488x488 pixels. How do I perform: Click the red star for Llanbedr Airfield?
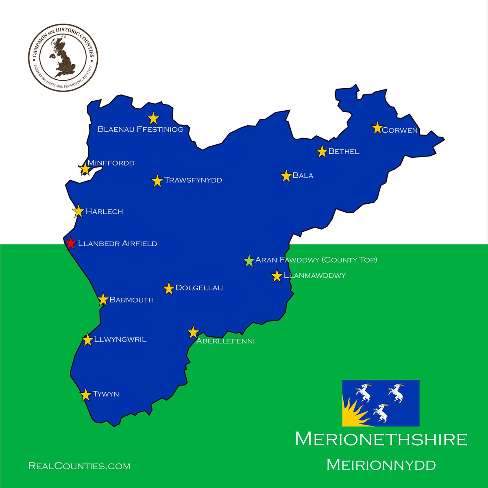(x=70, y=243)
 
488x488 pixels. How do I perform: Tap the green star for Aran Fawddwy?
(x=249, y=261)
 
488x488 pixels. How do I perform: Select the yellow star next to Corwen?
(x=377, y=128)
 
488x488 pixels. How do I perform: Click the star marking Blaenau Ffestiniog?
(x=153, y=118)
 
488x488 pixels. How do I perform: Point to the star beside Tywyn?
(x=85, y=395)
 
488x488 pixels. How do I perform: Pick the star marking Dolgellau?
(x=169, y=289)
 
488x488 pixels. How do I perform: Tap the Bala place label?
(x=303, y=176)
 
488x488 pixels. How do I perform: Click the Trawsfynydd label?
(x=193, y=180)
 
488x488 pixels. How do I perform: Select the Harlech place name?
(x=104, y=211)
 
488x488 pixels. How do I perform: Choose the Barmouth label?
(x=132, y=300)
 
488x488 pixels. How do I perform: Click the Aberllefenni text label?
(x=225, y=341)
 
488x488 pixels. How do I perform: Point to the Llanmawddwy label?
(x=315, y=276)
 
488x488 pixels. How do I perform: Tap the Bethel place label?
(x=344, y=152)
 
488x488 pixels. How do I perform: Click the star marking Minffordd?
(x=85, y=169)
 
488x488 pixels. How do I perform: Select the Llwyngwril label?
(x=120, y=340)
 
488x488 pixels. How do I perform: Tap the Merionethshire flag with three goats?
(x=381, y=403)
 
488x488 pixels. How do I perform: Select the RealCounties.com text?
(x=79, y=466)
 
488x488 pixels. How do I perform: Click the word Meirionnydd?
(x=381, y=465)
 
